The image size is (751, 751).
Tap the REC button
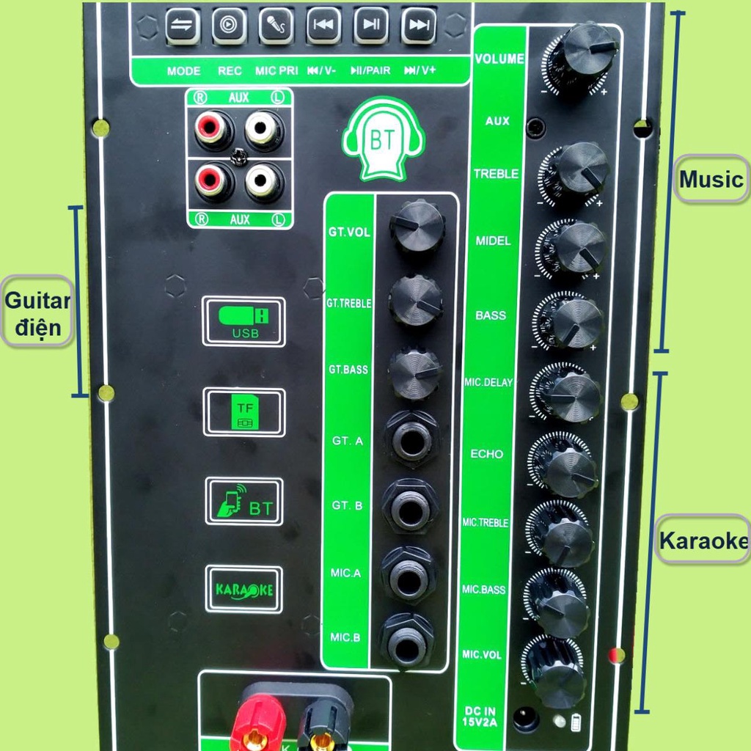(x=230, y=26)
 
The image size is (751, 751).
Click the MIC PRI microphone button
(x=276, y=26)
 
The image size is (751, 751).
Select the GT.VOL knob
(x=417, y=225)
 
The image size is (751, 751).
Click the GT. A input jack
(x=411, y=439)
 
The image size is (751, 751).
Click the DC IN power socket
(x=526, y=718)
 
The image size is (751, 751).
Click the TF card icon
(x=243, y=412)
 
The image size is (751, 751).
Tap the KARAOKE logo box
(x=243, y=589)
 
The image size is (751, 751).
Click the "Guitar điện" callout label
(x=37, y=312)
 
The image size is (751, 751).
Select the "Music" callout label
(x=710, y=179)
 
